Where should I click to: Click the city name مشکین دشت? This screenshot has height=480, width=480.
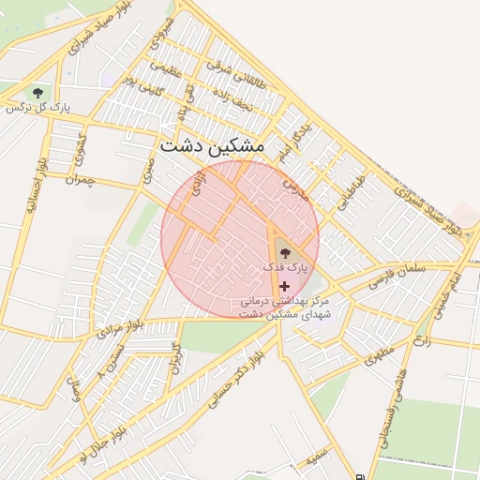coord(213,147)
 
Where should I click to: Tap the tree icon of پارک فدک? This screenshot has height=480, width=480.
coord(284,251)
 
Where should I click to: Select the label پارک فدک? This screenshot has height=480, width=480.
coord(285,268)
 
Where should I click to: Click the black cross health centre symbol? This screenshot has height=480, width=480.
coord(284,285)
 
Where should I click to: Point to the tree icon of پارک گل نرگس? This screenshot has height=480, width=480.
coord(37,92)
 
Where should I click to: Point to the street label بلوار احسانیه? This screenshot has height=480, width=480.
coord(35,187)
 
